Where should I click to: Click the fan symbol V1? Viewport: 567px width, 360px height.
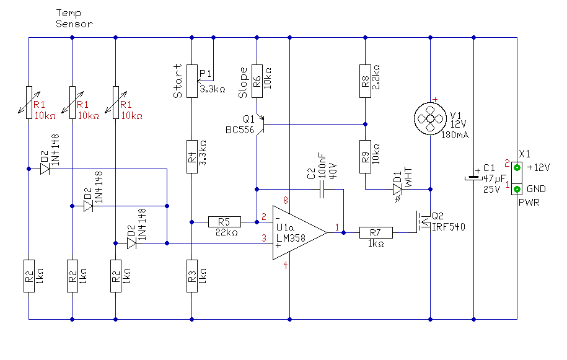point(430,118)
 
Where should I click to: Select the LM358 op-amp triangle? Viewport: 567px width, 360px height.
point(299,233)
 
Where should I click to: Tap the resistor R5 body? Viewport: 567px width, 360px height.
point(224,222)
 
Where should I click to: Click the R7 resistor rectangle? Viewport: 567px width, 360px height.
point(376,233)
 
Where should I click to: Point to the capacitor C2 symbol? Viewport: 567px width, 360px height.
point(322,189)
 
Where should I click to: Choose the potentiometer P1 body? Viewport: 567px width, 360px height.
point(192,81)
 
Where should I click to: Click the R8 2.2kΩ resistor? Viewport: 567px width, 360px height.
point(365,81)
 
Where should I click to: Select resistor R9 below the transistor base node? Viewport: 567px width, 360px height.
point(365,157)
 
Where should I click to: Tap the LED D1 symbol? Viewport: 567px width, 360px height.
point(397,190)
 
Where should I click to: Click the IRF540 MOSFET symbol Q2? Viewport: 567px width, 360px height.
point(423,222)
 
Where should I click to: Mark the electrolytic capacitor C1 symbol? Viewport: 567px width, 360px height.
point(473,178)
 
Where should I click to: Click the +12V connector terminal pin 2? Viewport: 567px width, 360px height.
point(517,167)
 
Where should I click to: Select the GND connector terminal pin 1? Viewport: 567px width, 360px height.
point(517,189)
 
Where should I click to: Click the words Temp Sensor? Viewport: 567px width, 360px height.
point(74,19)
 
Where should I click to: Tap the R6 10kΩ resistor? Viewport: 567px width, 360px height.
point(257,81)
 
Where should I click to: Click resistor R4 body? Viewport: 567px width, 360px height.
point(192,157)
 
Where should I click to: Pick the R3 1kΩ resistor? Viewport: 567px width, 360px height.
point(192,276)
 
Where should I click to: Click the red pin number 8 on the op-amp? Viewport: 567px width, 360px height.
point(286,200)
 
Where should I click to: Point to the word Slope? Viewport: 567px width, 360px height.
point(243,83)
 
